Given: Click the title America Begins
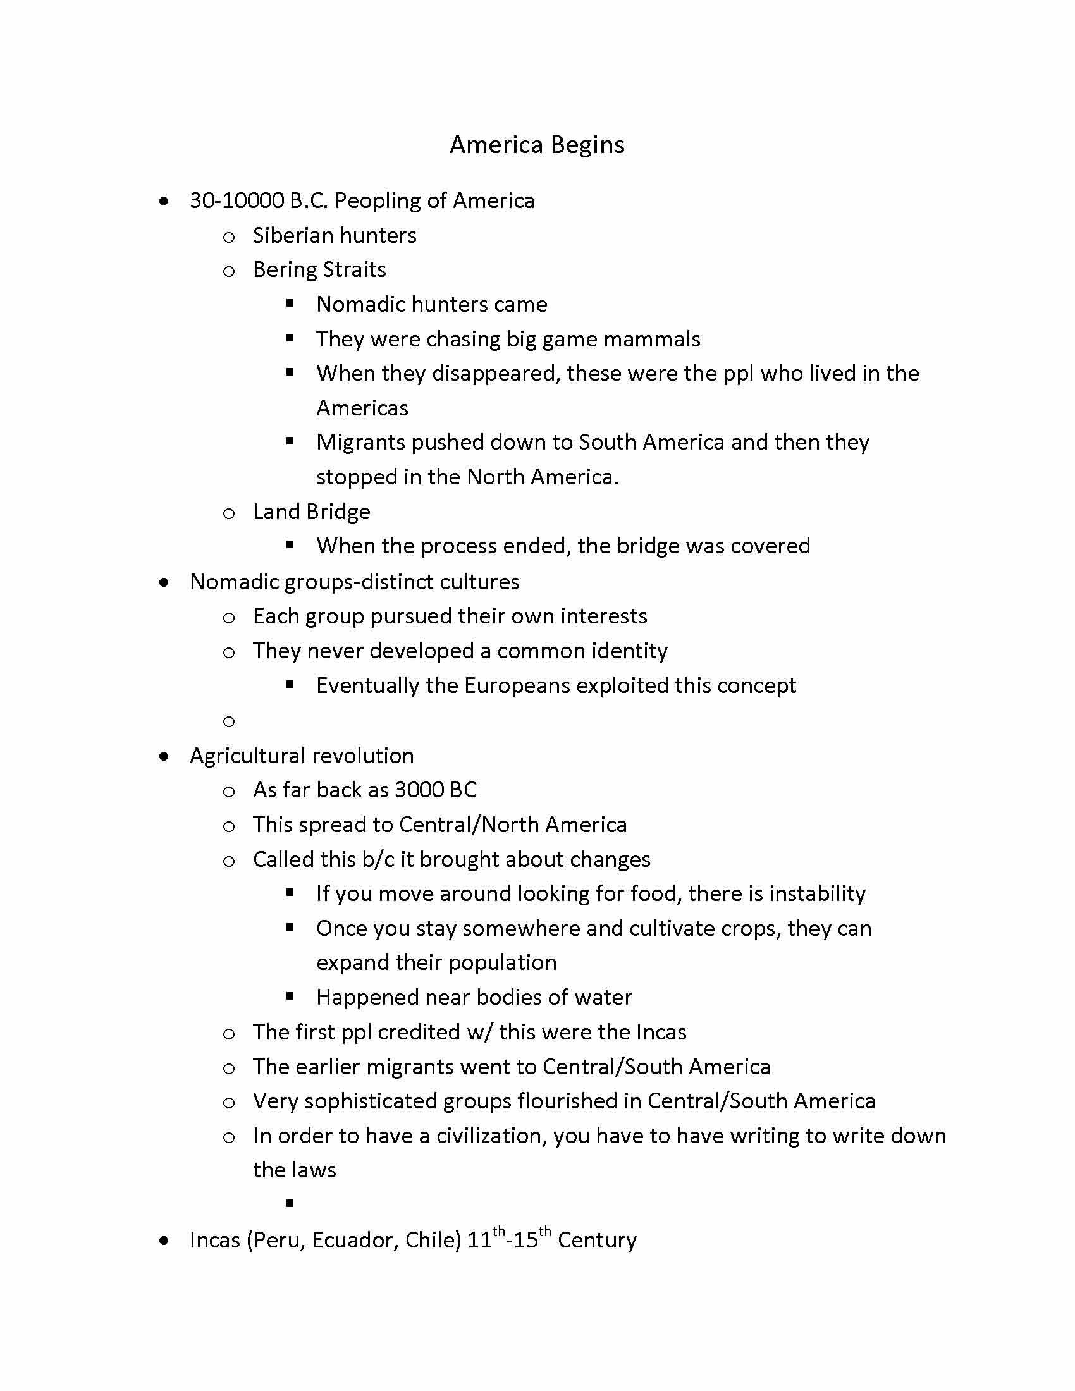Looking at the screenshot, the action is click(537, 145).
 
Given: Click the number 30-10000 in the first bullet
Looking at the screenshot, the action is click(236, 200).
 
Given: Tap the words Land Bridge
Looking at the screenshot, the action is click(311, 512).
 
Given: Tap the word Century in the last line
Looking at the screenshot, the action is click(597, 1240).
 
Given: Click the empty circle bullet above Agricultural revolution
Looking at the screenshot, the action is click(230, 721).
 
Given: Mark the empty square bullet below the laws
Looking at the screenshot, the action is click(290, 1203).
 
